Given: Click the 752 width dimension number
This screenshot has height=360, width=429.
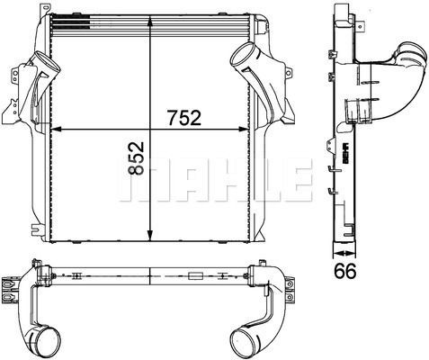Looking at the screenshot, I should coord(183,119).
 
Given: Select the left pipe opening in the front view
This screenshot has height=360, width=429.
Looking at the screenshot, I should coord(39,64).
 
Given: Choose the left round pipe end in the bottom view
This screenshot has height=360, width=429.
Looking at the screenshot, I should coord(45,342).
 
